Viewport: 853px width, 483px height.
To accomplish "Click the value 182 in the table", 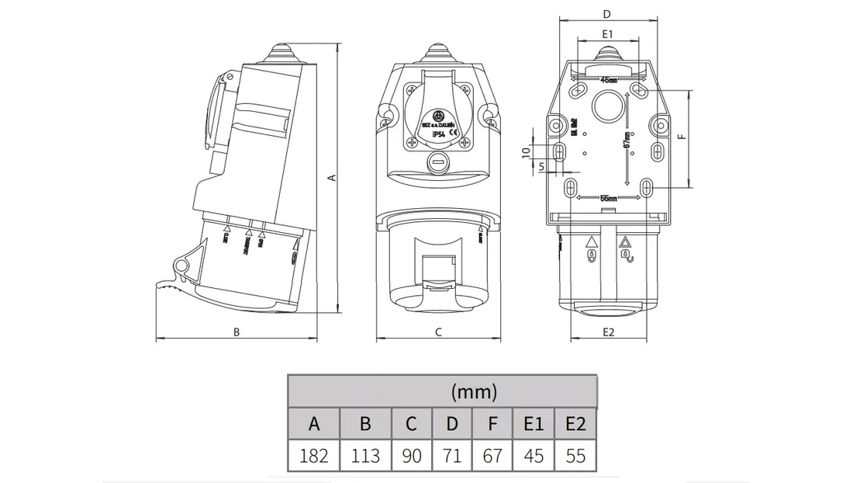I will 314,455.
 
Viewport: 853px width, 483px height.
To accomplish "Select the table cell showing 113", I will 365,455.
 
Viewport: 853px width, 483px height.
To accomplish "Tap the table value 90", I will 412,455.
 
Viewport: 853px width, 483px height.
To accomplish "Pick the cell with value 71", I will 452,455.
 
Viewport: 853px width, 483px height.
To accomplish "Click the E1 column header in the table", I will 534,424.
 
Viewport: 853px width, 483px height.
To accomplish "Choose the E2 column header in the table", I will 575,424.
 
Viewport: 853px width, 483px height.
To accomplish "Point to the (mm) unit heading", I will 474,391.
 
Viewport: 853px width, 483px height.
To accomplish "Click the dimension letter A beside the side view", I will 332,178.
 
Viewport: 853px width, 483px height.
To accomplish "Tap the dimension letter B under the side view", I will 237,332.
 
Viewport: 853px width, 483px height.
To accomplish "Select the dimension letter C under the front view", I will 438,332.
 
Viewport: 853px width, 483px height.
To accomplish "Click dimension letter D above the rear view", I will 607,14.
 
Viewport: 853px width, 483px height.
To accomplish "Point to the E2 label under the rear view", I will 608,332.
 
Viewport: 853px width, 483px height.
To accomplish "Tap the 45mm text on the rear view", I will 609,79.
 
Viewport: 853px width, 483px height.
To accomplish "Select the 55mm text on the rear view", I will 610,199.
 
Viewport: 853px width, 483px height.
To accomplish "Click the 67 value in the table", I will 492,455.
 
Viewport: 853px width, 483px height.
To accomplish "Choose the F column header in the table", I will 492,424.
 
